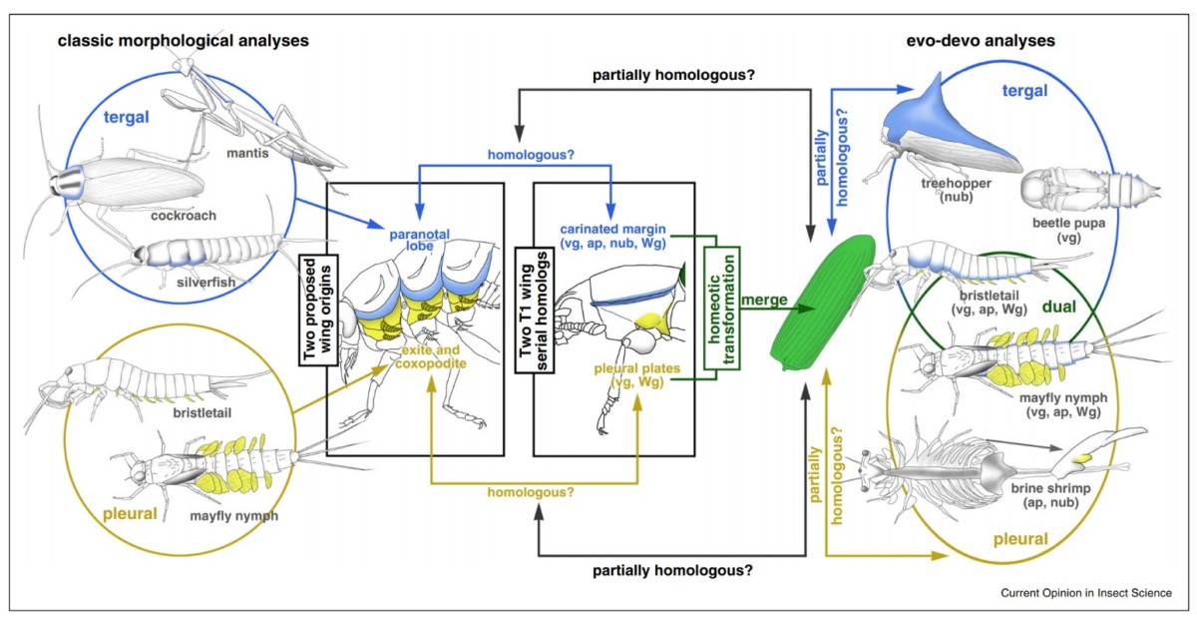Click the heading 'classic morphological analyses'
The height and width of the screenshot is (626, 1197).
[x=183, y=41]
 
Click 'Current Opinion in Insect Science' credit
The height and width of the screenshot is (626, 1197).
[x=1085, y=593]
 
